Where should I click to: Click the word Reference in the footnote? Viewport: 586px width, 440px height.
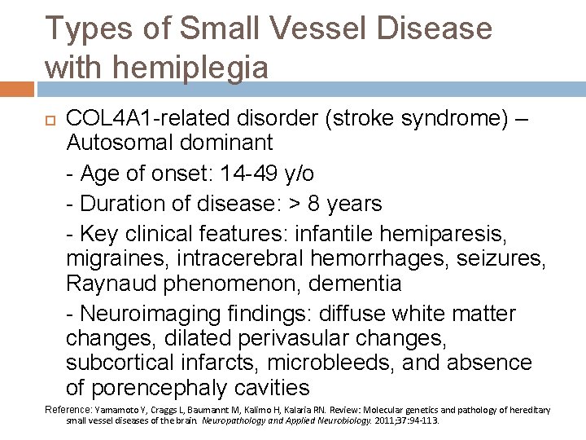[68, 410]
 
